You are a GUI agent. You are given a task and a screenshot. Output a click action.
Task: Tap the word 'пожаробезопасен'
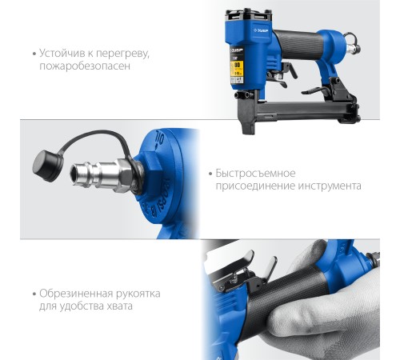tap(85, 66)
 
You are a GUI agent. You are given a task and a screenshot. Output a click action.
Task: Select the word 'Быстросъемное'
tap(255, 174)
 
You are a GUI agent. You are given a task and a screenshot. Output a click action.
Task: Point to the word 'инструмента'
tap(330, 186)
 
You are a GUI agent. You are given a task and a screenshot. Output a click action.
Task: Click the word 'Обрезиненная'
tap(76, 294)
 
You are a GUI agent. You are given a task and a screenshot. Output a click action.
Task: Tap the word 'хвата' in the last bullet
tap(119, 306)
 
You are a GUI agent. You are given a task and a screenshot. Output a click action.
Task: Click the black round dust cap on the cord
tap(48, 166)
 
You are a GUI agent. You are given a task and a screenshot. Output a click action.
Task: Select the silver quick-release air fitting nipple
tap(102, 174)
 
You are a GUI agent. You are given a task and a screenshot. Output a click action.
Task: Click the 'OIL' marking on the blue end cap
tap(158, 138)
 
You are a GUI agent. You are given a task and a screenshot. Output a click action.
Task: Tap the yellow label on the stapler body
tap(237, 69)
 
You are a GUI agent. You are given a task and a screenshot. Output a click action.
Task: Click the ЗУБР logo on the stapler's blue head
tap(261, 31)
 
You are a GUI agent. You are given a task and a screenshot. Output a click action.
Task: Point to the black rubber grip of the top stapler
tap(298, 44)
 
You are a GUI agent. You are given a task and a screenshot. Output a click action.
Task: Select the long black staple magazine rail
tap(304, 110)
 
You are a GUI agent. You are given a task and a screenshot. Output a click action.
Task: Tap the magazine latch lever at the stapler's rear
tap(314, 90)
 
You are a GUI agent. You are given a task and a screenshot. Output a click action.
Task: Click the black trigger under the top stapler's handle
tap(290, 70)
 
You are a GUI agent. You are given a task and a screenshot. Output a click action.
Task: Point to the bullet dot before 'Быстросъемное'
tap(210, 174)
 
